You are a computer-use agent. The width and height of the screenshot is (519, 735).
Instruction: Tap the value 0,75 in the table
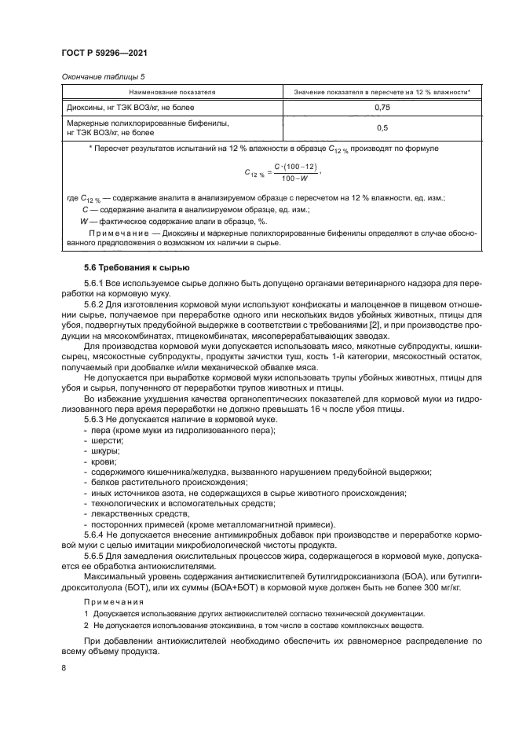coord(382,106)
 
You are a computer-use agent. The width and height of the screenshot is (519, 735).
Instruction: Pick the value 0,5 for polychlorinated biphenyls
coord(382,127)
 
